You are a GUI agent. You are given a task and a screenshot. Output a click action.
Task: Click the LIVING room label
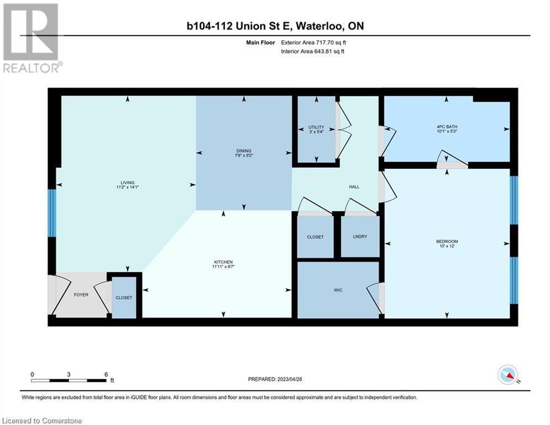(x=127, y=183)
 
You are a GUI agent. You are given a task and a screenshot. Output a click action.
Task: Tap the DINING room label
(x=244, y=151)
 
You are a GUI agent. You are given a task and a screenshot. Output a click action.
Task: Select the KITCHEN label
(x=223, y=262)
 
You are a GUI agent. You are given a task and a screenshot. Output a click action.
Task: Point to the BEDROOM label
(x=447, y=241)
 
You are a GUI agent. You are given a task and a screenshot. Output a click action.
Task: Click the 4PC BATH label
(x=447, y=127)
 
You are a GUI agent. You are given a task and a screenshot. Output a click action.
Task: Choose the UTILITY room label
(x=316, y=127)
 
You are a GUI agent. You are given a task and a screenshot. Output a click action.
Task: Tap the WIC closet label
(x=338, y=290)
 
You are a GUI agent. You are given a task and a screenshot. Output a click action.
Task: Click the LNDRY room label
(x=360, y=237)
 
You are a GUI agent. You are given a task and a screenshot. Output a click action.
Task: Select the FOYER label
(x=81, y=295)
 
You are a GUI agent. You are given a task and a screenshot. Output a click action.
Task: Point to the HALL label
(x=354, y=187)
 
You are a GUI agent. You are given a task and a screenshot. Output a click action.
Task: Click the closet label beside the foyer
(x=124, y=298)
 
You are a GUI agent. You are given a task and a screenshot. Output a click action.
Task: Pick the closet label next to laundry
(x=315, y=237)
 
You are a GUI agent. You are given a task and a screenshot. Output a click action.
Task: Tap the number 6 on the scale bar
(x=106, y=375)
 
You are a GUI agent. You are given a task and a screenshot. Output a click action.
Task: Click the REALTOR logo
(x=32, y=38)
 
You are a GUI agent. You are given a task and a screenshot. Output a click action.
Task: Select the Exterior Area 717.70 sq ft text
(x=313, y=43)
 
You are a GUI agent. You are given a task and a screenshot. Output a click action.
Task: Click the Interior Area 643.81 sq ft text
(x=312, y=51)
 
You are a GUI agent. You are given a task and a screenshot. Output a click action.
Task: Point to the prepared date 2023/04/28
(x=290, y=379)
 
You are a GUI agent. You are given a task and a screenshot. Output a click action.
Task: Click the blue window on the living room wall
(x=51, y=213)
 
